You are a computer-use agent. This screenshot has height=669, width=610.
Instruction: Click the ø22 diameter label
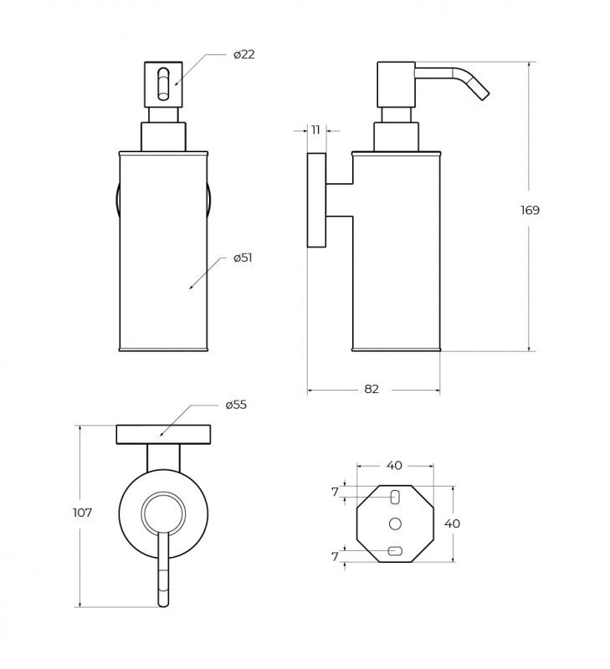[x=243, y=54]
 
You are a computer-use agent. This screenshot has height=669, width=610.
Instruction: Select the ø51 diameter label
[x=243, y=258]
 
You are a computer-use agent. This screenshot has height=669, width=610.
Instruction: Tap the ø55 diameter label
[x=236, y=405]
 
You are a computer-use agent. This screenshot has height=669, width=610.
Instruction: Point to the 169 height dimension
[x=530, y=210]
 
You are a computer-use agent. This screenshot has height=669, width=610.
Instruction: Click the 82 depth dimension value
[x=372, y=389]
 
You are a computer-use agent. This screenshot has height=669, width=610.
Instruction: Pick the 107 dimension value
[x=82, y=513]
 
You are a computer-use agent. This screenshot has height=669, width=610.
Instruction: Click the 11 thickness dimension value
[x=315, y=130]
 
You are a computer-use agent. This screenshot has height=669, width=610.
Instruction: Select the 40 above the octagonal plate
[x=394, y=466]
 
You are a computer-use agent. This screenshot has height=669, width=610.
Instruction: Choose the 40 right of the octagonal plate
[x=452, y=523]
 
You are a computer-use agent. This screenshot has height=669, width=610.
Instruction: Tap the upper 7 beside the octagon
[x=335, y=493]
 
